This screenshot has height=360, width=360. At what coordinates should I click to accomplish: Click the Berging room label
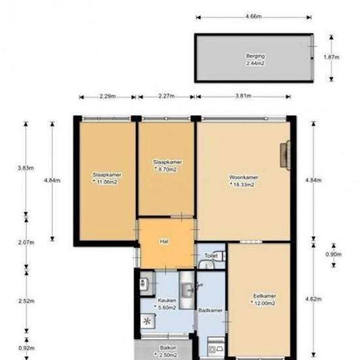pos(255,56)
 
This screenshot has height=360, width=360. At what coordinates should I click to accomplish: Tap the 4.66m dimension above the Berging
pos(253,16)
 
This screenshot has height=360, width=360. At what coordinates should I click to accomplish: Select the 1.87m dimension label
pos(331,57)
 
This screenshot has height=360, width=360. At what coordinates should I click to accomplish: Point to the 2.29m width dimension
pos(107,96)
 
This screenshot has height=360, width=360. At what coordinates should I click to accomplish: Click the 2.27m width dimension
pos(166,96)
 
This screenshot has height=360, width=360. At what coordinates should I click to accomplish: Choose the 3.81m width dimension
pos(243,96)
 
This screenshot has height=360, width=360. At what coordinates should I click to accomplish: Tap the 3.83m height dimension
pos(26,168)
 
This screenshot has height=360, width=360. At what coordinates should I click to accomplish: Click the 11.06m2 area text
pos(107,182)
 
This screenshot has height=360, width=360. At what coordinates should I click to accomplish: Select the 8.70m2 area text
pos(167,170)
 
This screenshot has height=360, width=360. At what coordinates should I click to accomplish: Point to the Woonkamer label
pos(243,177)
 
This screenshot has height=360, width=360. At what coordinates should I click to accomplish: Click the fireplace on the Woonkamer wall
pos(285,155)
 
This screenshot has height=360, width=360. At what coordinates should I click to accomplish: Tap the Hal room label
pos(164,242)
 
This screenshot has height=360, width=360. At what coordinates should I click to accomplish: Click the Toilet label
pos(211,255)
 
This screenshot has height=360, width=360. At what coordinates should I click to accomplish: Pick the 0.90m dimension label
pos(334,254)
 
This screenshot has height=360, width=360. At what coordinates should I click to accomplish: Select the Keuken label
pos(167,300)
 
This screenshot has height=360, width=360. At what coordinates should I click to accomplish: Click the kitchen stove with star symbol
pos(147,321)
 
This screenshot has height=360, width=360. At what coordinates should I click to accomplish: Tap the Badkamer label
pos(210,310)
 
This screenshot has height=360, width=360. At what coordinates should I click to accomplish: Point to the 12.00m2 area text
pos(264,303)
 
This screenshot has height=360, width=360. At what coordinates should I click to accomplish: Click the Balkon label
pos(168,348)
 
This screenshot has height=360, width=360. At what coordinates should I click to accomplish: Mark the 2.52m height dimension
pos(27,301)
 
